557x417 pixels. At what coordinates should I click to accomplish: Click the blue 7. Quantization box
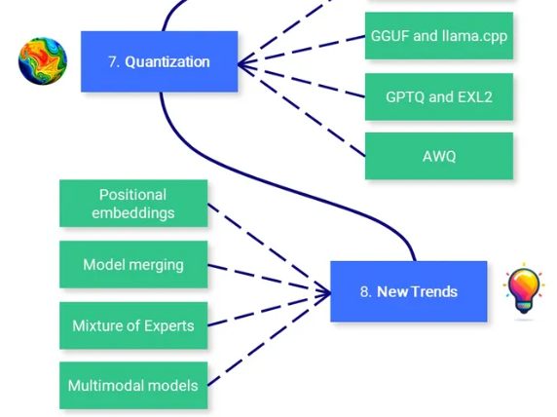pyautogui.click(x=159, y=61)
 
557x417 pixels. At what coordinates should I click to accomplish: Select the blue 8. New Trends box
pyautogui.click(x=409, y=291)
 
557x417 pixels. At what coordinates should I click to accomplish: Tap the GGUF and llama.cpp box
pyautogui.click(x=439, y=35)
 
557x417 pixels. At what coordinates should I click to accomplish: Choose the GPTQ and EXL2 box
pyautogui.click(x=439, y=96)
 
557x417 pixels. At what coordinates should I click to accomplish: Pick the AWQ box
pyautogui.click(x=439, y=156)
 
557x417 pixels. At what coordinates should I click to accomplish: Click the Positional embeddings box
pyautogui.click(x=133, y=204)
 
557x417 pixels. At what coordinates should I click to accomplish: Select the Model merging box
pyautogui.click(x=133, y=264)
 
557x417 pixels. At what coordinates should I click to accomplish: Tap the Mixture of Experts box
pyautogui.click(x=133, y=325)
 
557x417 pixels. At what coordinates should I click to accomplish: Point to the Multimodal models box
pyautogui.click(x=133, y=386)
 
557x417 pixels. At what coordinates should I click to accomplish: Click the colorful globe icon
pyautogui.click(x=43, y=61)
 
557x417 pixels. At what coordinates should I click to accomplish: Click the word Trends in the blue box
pyautogui.click(x=437, y=291)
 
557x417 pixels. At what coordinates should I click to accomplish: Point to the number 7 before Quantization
pyautogui.click(x=113, y=61)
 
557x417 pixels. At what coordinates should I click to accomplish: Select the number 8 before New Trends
pyautogui.click(x=364, y=292)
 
